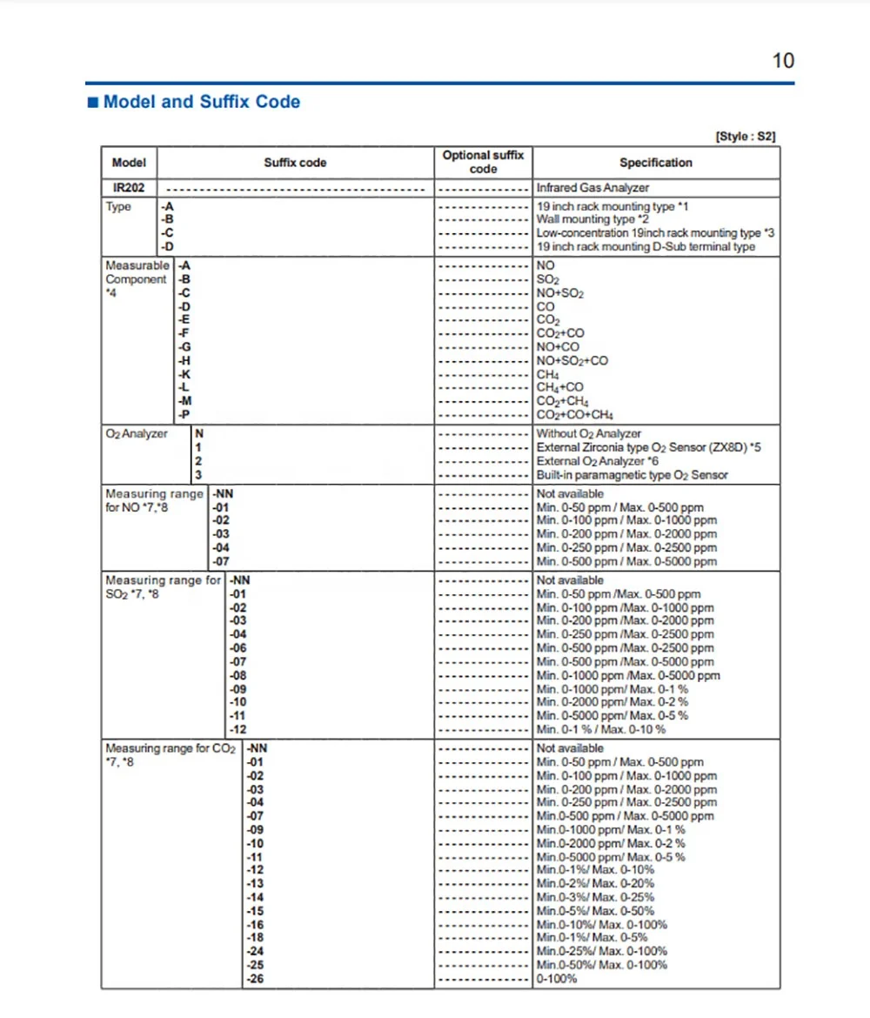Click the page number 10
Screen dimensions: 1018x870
tap(783, 61)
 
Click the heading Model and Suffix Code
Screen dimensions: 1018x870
tap(201, 102)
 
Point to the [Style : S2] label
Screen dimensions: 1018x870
tap(745, 137)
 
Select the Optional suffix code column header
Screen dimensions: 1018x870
tap(483, 162)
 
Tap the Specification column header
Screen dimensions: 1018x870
tap(656, 163)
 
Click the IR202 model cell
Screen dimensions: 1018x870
tap(129, 188)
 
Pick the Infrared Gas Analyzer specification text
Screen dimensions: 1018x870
tap(592, 188)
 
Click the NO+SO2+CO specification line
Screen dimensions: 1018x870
tap(572, 361)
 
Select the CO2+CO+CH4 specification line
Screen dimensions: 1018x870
tap(575, 415)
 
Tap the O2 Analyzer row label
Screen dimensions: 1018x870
tap(137, 433)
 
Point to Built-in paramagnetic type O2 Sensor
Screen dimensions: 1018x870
tap(632, 475)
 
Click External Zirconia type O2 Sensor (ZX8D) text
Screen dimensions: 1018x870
tap(646, 447)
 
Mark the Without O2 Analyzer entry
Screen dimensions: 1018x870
tap(589, 433)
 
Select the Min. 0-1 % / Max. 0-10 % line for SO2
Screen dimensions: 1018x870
tap(601, 729)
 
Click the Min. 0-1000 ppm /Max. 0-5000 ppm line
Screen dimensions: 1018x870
tap(628, 675)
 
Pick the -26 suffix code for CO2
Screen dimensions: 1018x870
tap(255, 980)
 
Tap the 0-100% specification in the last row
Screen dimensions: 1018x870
tap(557, 980)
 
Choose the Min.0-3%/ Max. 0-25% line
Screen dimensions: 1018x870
tap(595, 897)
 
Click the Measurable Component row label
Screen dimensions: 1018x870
tap(137, 272)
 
